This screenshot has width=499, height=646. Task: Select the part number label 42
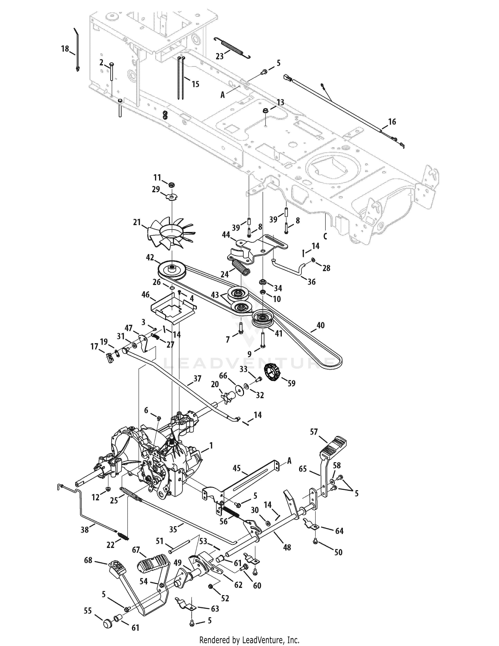[x=150, y=257]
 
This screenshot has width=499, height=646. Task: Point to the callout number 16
[x=392, y=122]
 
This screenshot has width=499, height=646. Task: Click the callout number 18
[x=65, y=49]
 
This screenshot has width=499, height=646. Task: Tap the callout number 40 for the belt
[x=321, y=325]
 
